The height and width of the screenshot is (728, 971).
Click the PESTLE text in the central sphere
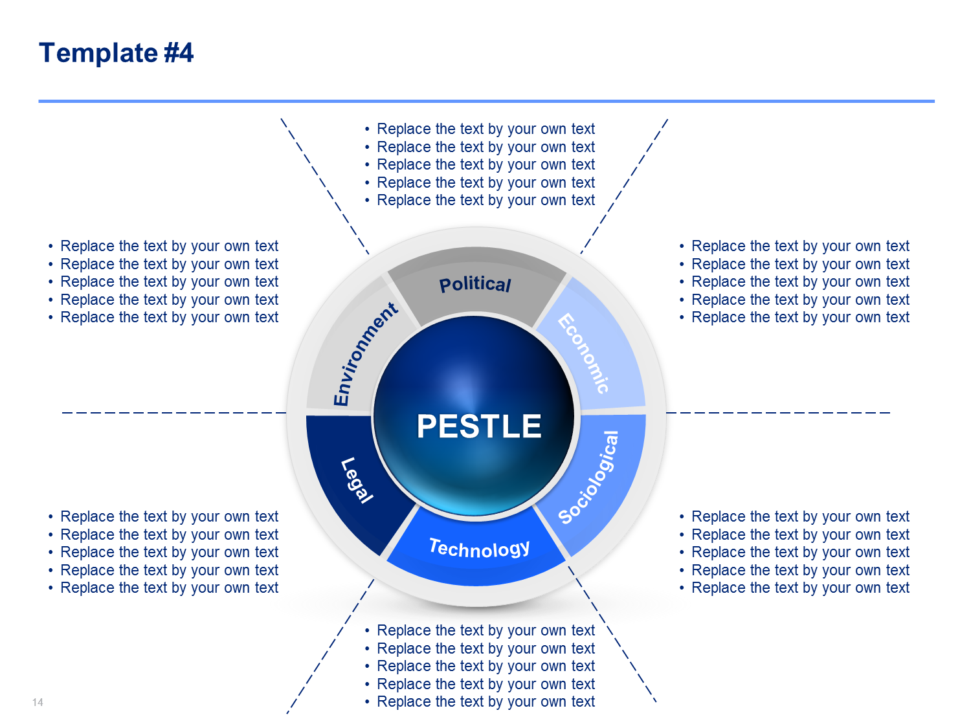(478, 426)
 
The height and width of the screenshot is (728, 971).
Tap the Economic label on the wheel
(583, 353)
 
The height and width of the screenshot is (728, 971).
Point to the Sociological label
(588, 478)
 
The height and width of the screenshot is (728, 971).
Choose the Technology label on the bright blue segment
(480, 549)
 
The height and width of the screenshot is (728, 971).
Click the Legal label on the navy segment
(357, 480)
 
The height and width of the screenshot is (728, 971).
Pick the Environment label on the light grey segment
(365, 354)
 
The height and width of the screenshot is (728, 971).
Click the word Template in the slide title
(98, 53)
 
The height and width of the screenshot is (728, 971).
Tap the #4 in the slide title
(179, 52)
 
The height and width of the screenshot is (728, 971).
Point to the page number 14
(38, 702)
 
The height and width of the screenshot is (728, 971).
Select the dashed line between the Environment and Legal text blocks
(174, 413)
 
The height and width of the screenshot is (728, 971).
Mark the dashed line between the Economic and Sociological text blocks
(778, 413)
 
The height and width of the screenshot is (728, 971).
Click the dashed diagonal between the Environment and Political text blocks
(325, 186)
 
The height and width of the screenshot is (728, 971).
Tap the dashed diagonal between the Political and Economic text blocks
(624, 186)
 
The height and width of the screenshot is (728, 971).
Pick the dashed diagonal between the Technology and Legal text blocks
(330, 646)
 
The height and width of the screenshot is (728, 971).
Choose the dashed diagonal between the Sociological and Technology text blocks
(612, 634)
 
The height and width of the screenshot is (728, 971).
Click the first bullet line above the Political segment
(480, 129)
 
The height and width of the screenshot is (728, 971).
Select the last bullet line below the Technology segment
(480, 702)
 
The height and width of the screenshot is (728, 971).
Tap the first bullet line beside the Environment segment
(163, 246)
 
